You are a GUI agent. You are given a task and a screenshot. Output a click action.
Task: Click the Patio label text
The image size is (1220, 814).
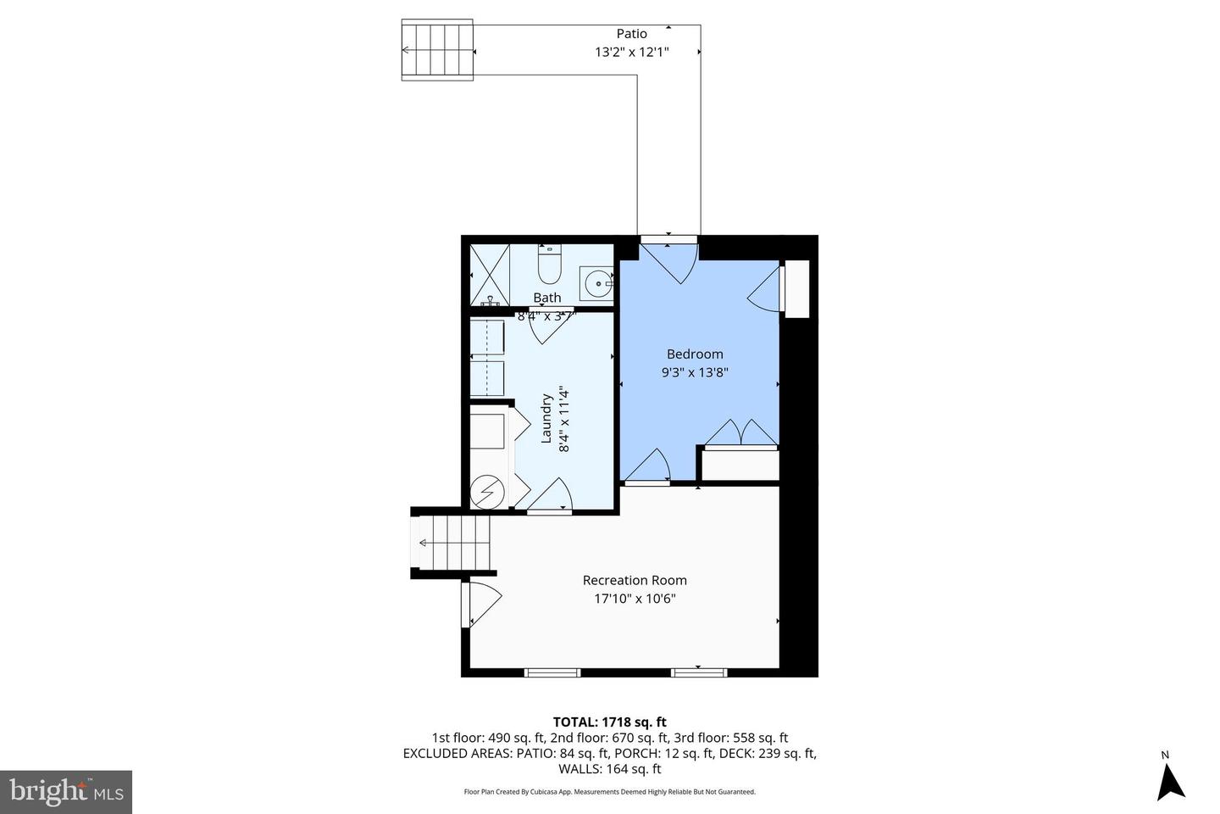tap(631, 34)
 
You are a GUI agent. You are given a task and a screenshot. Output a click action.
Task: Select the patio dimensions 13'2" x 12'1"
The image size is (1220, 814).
tap(631, 52)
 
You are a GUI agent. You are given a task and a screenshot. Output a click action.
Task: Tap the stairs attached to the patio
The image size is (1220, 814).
tap(436, 51)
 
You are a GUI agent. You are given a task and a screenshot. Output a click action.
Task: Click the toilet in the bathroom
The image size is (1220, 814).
tap(549, 265)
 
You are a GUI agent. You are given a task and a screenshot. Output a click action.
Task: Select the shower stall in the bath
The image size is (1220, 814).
tap(490, 275)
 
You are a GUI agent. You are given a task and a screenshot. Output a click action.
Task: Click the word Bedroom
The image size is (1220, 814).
tap(695, 354)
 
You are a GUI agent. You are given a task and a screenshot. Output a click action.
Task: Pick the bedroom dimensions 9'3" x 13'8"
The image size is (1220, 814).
tap(695, 371)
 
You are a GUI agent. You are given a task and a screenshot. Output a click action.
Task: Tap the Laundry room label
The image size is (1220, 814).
tap(546, 418)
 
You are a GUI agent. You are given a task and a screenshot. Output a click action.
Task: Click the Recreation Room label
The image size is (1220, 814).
tap(635, 580)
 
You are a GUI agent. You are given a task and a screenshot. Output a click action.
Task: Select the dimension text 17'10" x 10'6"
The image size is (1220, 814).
tap(635, 599)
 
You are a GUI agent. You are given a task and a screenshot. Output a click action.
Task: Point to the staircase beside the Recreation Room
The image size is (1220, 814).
tap(453, 543)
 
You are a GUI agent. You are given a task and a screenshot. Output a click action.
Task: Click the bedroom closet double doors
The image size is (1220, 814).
tap(741, 432)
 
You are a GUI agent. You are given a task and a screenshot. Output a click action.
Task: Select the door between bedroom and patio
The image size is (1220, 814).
tap(669, 259)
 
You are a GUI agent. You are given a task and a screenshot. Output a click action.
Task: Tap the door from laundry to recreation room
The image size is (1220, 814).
tap(552, 497)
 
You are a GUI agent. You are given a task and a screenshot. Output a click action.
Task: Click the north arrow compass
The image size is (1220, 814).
tap(1170, 780)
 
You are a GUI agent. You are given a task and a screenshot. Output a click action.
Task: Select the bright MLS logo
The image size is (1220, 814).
tap(65, 792)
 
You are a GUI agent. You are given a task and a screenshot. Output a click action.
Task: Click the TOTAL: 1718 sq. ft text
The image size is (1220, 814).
tap(609, 722)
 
